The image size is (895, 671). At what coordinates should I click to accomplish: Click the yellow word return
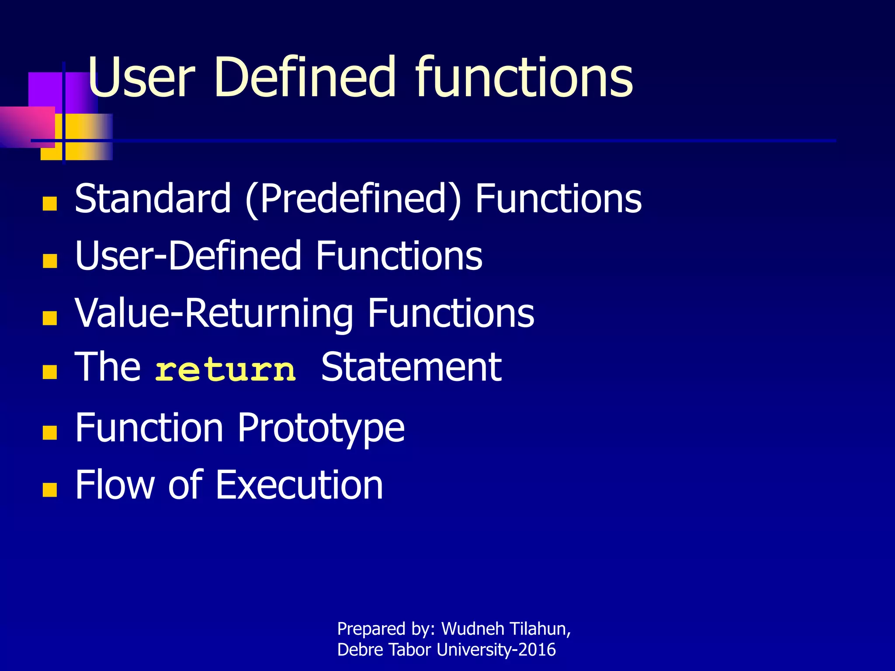coord(225,370)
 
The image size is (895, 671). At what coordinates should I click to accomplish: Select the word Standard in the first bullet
coord(153,199)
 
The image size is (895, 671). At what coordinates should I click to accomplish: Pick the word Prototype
coord(321,429)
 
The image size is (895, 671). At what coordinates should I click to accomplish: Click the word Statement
coord(411,368)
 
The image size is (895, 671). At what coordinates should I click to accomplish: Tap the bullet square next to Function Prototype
coord(50,432)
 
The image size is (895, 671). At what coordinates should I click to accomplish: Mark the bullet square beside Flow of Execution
coord(50,490)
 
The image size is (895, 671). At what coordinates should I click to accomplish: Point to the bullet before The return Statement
coord(50,372)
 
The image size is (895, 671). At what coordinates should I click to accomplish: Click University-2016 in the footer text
coord(496,650)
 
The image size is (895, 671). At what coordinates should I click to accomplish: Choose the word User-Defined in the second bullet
coord(188,256)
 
